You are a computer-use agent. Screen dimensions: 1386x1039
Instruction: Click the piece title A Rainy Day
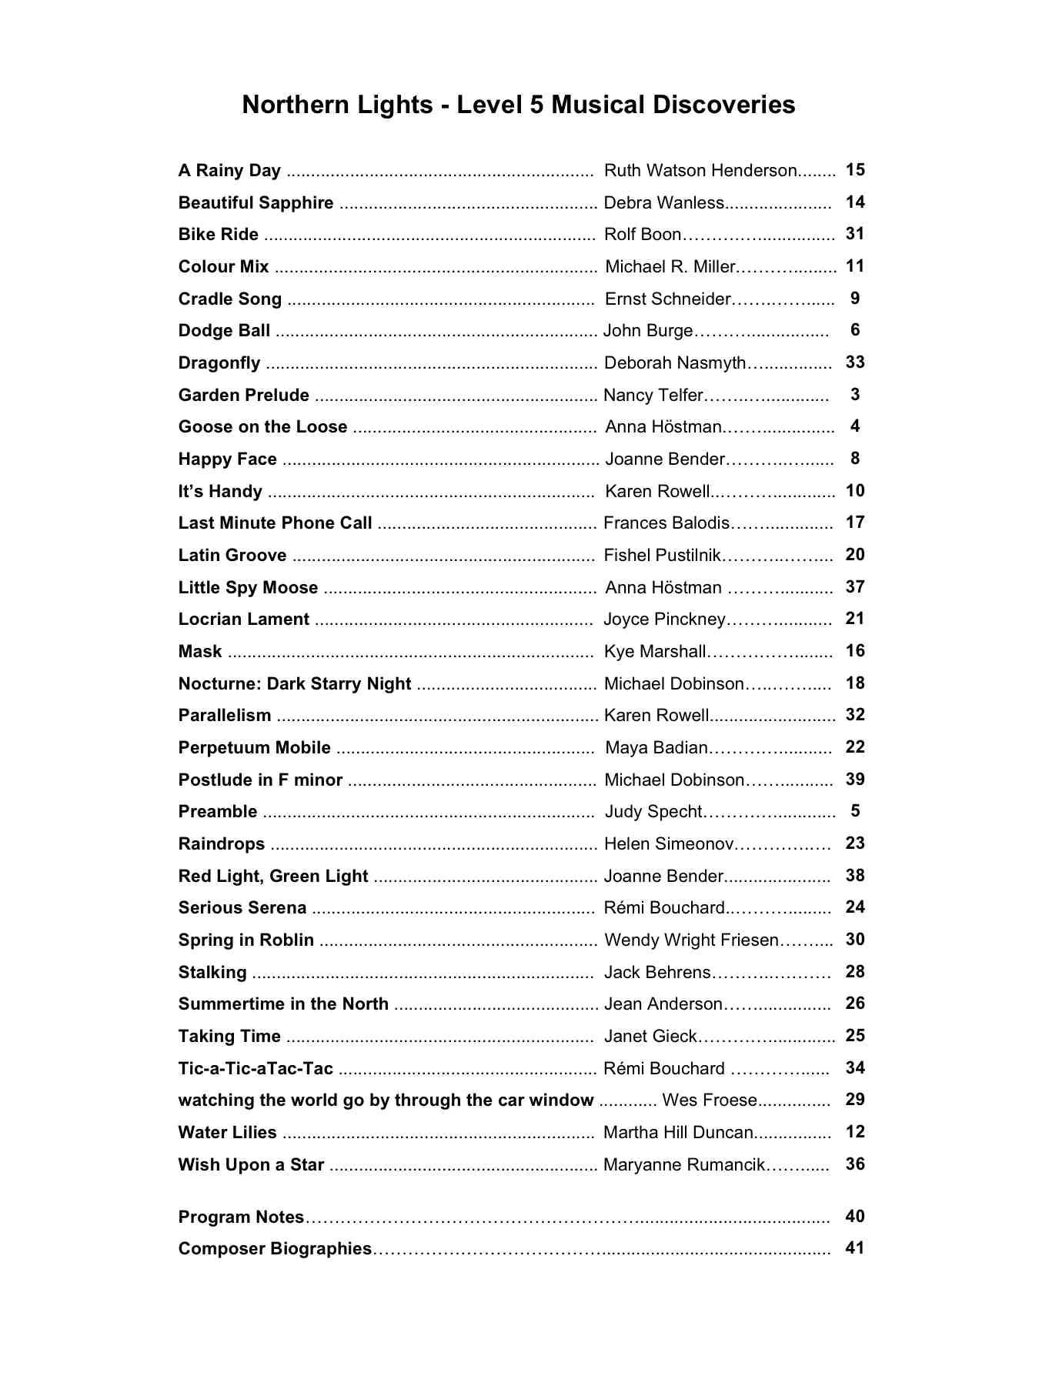(x=229, y=170)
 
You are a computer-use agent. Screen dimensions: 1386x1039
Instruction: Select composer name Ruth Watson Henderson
(x=700, y=170)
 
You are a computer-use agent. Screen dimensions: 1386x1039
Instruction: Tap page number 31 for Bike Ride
(x=854, y=234)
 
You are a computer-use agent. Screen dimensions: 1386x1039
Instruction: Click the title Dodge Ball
(x=224, y=331)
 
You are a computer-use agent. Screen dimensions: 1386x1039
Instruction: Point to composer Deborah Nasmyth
(x=675, y=362)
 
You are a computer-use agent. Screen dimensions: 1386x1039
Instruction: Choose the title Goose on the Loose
(x=262, y=427)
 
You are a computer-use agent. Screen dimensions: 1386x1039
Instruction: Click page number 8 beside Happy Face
(x=854, y=459)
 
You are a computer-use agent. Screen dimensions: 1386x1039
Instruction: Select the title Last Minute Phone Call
(x=275, y=523)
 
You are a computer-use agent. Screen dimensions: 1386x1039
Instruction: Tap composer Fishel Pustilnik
(x=663, y=555)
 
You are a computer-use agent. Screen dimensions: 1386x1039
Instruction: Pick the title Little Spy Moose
(x=248, y=587)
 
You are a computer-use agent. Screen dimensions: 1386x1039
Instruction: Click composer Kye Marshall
(x=655, y=651)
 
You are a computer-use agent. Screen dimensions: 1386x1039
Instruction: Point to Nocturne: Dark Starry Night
(x=295, y=683)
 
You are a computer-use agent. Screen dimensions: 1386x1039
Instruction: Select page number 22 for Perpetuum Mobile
(x=854, y=747)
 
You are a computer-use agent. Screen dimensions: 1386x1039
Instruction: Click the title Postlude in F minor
(x=260, y=780)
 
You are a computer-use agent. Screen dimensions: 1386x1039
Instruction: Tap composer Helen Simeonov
(x=669, y=844)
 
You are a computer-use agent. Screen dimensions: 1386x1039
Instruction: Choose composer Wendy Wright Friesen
(x=691, y=940)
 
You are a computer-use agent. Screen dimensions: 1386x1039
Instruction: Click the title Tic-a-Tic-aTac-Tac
(x=256, y=1068)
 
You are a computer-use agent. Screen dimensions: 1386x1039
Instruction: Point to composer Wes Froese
(x=710, y=1100)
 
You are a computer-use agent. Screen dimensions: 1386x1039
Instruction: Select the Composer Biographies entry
(x=275, y=1248)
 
